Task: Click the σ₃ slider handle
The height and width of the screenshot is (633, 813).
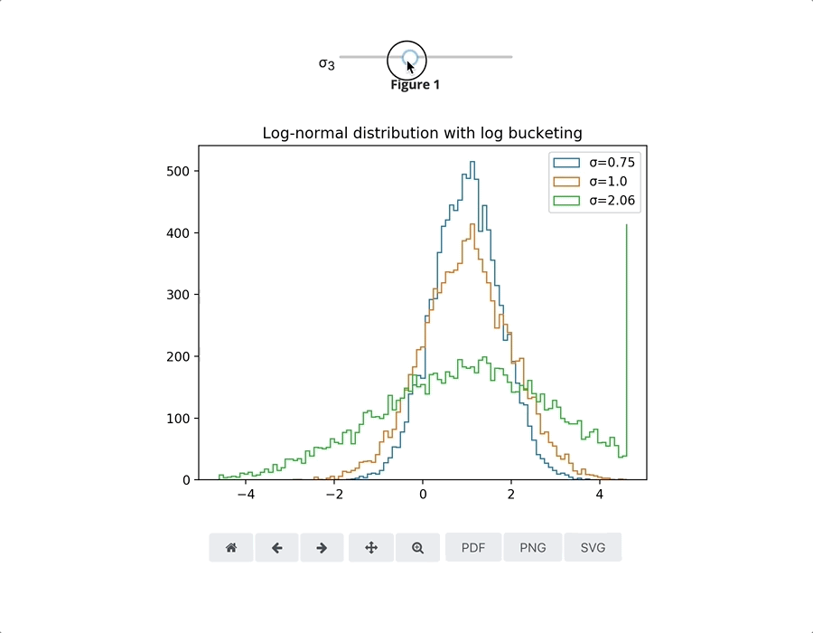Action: (409, 58)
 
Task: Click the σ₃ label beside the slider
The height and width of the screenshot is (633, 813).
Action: (326, 63)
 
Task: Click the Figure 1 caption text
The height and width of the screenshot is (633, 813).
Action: (415, 85)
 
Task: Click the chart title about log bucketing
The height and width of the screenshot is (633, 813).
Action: (422, 133)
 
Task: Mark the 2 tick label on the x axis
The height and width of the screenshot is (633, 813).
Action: (511, 495)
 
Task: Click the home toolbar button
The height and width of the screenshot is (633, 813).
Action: (231, 548)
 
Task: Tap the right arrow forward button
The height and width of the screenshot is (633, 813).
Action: (322, 548)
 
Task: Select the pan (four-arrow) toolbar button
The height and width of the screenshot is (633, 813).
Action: (370, 548)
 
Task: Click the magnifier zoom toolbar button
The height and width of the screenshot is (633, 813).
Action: (417, 548)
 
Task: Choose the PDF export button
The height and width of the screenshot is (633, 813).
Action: (473, 548)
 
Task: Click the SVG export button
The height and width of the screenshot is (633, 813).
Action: (593, 548)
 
